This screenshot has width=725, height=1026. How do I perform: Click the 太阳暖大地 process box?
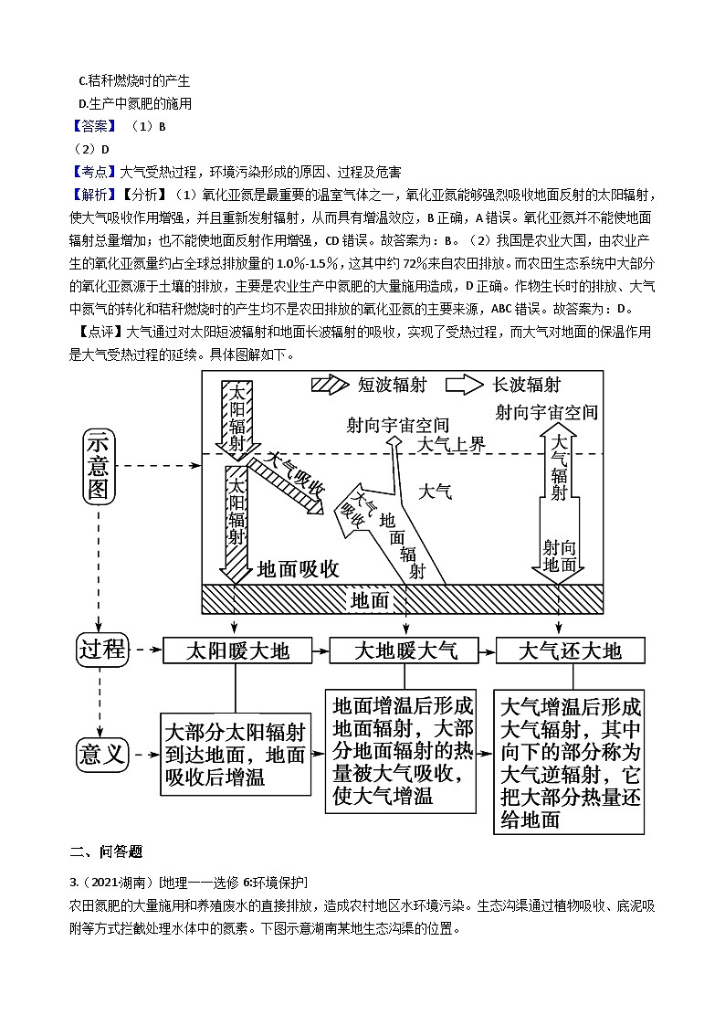pos(237,651)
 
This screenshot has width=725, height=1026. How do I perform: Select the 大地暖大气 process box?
pos(405,651)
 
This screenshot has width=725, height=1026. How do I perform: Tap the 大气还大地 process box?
pos(570,651)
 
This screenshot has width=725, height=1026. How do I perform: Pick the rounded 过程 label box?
pos(102,651)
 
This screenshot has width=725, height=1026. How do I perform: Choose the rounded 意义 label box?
pos(102,756)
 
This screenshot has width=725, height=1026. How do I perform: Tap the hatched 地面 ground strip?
pos(402,599)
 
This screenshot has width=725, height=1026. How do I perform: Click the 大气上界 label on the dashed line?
pos(452,445)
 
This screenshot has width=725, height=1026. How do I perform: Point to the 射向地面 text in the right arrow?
pos(560,555)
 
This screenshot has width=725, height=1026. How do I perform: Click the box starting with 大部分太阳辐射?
pos(236,755)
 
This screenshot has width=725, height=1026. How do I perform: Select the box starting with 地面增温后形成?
pos(402,750)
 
